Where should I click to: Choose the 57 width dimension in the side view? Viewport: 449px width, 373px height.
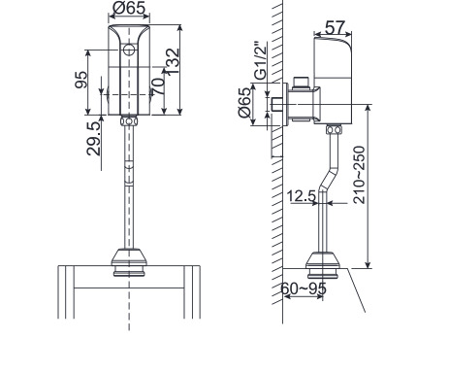[x=336, y=26]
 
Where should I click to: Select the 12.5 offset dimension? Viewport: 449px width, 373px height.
[x=302, y=197]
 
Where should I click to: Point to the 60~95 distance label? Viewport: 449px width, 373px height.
[x=304, y=288]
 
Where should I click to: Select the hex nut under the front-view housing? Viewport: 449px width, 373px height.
[x=128, y=122]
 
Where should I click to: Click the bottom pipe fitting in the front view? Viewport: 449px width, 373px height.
[x=128, y=260]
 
